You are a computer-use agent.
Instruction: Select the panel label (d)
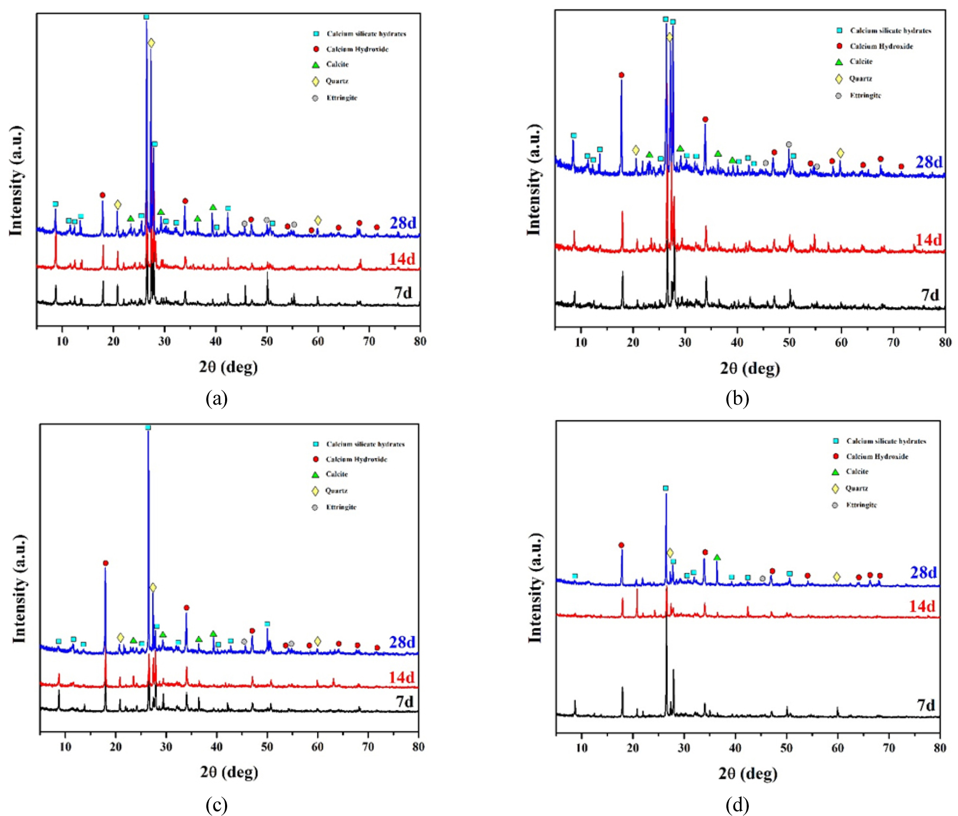(737, 805)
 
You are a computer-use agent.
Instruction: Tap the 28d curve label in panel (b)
(929, 162)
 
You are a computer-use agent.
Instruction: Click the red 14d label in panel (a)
(402, 259)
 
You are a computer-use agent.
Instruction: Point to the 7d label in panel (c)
(405, 702)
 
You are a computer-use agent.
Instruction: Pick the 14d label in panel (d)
(922, 606)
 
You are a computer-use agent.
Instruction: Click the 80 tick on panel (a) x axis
(420, 342)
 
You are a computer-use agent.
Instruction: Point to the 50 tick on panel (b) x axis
(789, 343)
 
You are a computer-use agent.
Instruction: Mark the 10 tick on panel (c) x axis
(65, 747)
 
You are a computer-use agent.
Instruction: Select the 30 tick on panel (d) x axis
(684, 748)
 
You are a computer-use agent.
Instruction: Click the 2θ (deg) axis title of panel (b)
(750, 369)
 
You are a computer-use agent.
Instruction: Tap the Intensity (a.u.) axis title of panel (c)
(19, 589)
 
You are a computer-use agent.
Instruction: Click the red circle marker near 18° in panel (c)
(105, 563)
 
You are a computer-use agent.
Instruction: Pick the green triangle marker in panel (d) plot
(717, 558)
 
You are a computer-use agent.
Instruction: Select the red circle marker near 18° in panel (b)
(621, 75)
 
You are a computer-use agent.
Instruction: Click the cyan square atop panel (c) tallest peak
(148, 427)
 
